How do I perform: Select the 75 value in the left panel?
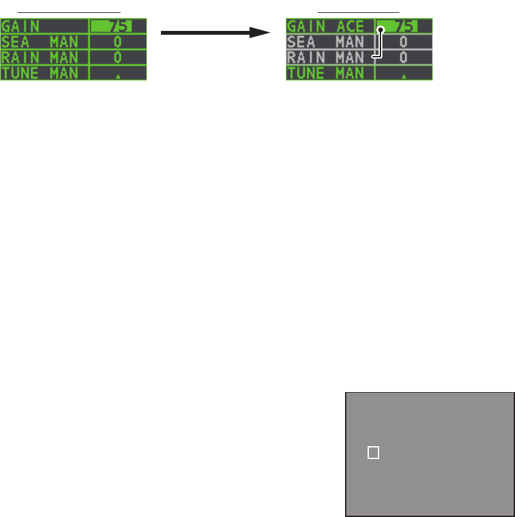click(117, 26)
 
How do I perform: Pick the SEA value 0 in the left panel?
click(117, 42)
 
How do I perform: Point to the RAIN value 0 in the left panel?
click(117, 57)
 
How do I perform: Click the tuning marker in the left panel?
click(117, 75)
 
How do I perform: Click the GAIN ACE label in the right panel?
click(326, 26)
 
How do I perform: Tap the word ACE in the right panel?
click(351, 26)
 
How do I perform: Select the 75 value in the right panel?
click(404, 26)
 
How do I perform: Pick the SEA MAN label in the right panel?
click(326, 42)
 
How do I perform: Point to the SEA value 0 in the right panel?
click(404, 42)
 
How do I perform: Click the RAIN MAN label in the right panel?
click(326, 57)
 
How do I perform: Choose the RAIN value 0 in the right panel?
click(404, 57)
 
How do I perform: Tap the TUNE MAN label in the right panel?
click(326, 73)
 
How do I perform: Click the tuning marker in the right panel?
click(404, 75)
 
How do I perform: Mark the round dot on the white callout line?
click(380, 30)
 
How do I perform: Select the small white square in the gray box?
click(373, 453)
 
